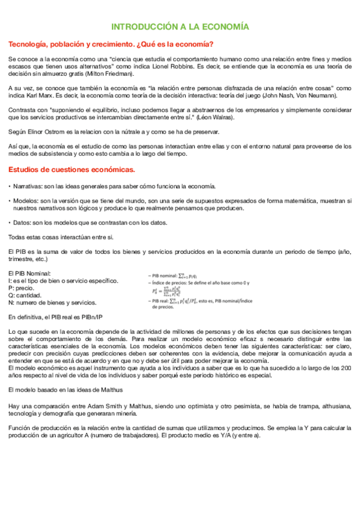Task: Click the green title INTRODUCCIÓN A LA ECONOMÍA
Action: pos(180,27)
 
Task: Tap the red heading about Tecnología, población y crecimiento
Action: pos(111,45)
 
